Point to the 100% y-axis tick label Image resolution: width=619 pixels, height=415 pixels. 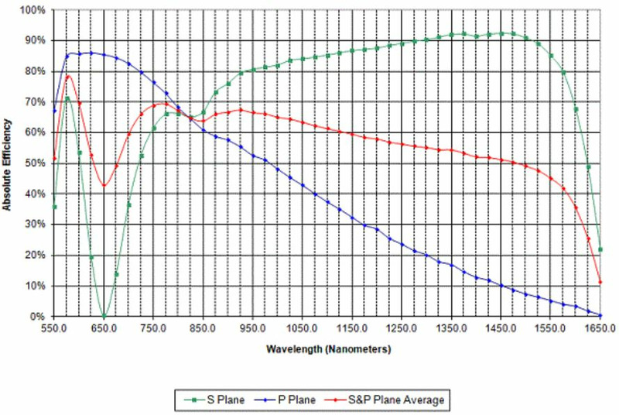(x=33, y=10)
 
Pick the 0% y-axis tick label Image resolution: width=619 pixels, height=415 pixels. (x=39, y=317)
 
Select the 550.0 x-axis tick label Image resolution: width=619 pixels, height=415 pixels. (x=54, y=329)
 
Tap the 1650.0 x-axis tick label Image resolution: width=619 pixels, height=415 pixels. (x=600, y=329)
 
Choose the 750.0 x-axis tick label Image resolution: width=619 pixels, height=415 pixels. (x=153, y=329)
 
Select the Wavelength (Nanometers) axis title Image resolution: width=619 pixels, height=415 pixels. (x=328, y=349)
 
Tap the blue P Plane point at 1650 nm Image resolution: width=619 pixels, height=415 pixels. (x=600, y=315)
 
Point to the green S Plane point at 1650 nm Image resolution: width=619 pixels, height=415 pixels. (x=600, y=249)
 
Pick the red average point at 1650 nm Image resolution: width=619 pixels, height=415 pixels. (x=600, y=282)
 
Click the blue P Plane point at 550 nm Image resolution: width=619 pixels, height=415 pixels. (x=54, y=111)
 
